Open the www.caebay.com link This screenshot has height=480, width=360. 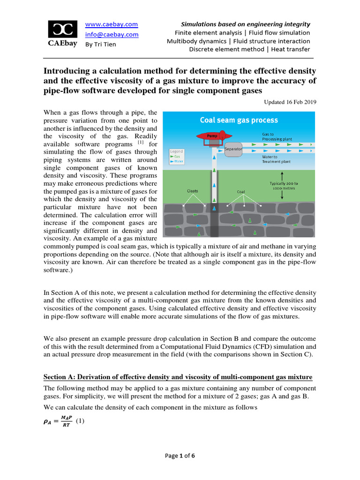pos(111,24)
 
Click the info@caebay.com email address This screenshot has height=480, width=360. pos(112,34)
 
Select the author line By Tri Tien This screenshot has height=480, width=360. pos(100,45)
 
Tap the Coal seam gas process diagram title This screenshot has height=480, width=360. pos(239,120)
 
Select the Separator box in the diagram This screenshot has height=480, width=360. pos(233,150)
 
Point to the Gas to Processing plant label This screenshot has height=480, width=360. pos(277,136)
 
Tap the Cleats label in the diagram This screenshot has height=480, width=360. pos(192,191)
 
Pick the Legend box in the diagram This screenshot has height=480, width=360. pos(177,157)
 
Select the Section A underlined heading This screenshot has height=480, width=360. pos(178,377)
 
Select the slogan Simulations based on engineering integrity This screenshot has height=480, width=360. pos(246,24)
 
